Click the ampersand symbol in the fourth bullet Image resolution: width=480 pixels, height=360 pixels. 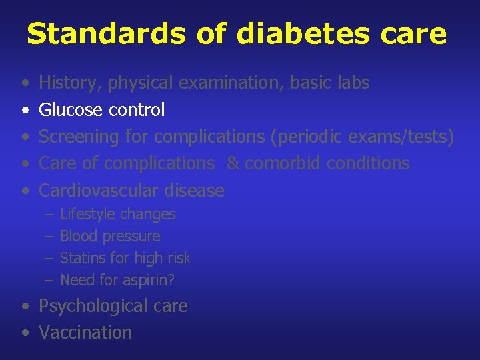232,163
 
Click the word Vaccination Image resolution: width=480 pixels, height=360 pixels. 85,333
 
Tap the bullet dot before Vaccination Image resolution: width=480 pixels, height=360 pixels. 25,333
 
